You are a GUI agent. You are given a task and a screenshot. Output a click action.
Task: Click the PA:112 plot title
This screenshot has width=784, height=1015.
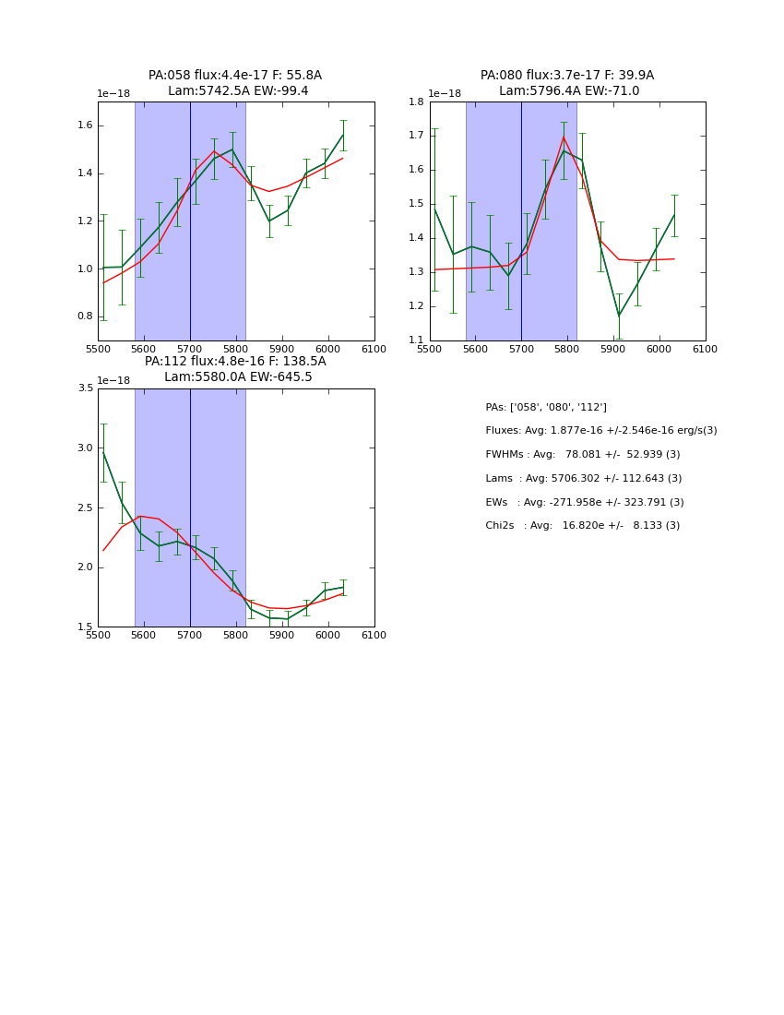[235, 362]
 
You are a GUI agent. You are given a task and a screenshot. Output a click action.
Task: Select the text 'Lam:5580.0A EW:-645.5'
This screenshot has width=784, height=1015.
[238, 377]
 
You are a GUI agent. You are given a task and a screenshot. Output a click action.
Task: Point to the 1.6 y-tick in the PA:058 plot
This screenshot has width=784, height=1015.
[86, 125]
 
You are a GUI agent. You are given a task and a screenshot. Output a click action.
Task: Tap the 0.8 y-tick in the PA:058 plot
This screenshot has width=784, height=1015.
[86, 316]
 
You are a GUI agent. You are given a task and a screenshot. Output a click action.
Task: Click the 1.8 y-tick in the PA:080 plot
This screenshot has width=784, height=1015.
[417, 101]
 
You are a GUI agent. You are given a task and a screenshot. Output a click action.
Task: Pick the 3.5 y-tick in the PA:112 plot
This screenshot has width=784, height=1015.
[86, 388]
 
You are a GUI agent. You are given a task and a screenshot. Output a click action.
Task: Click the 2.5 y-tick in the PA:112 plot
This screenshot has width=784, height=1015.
[86, 507]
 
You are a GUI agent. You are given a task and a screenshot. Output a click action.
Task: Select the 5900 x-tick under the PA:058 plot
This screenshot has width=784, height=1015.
[282, 349]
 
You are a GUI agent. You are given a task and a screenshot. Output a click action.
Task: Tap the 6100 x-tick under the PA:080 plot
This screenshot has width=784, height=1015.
[706, 349]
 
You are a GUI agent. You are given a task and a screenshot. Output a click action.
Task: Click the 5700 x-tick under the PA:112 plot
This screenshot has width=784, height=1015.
[190, 635]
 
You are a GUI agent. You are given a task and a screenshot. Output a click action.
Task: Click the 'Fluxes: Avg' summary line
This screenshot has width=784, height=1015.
[600, 431]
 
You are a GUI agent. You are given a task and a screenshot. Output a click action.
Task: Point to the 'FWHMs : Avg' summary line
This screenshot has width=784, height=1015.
[582, 455]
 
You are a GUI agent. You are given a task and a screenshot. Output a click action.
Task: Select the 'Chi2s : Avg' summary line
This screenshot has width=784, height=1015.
[582, 526]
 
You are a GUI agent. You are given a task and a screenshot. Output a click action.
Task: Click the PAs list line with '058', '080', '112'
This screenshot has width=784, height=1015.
[546, 407]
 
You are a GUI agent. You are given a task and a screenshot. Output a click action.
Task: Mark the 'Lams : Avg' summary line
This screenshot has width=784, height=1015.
[583, 479]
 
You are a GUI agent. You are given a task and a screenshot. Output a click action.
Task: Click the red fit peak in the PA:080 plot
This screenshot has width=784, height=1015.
[564, 137]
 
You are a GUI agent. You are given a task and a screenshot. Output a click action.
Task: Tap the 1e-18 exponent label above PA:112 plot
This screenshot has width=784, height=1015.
[113, 380]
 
